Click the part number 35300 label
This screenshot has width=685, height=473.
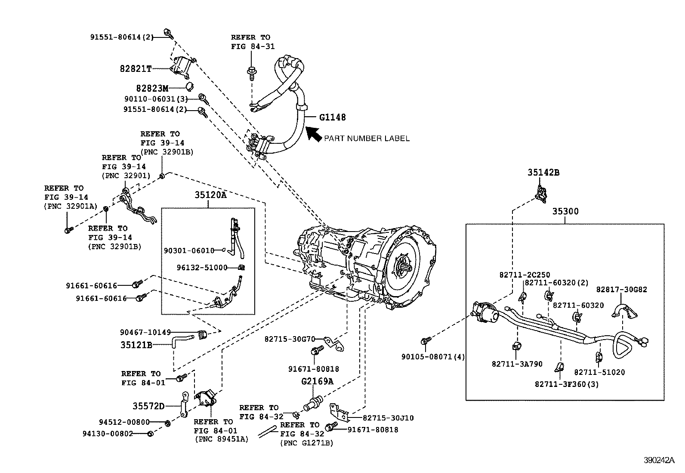click(565, 211)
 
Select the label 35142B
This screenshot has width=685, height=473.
click(543, 173)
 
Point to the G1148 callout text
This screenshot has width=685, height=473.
click(332, 117)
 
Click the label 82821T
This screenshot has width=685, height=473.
click(136, 68)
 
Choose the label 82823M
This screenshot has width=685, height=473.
click(152, 88)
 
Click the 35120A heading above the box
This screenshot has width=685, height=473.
click(210, 195)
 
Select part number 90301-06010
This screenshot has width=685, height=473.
click(189, 250)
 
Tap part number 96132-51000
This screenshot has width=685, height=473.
click(202, 267)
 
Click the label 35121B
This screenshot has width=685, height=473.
click(136, 345)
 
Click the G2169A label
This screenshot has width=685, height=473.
click(317, 381)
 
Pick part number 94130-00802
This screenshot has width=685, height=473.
click(108, 434)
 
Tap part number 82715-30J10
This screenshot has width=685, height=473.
click(388, 417)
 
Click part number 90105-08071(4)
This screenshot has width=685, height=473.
click(433, 357)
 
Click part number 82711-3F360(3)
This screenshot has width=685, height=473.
click(567, 384)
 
